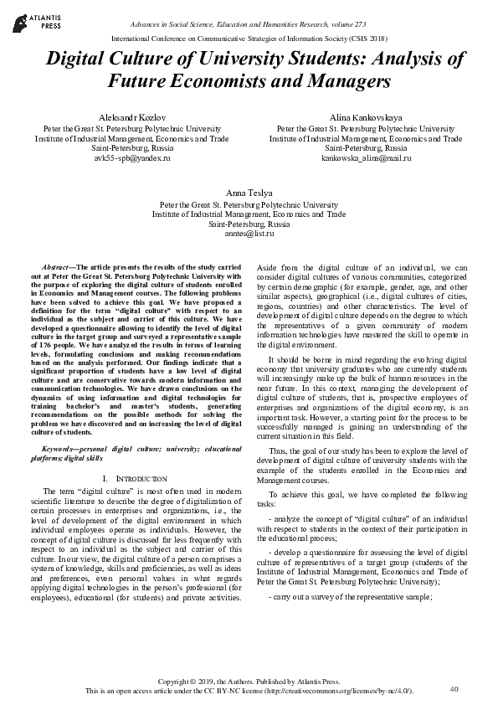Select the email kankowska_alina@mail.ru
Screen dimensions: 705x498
pos(367,157)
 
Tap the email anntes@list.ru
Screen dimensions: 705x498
pos(249,235)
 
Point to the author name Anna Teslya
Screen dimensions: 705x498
pos(249,193)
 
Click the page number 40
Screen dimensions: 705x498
pos(454,688)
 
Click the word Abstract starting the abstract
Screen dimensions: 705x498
pos(57,265)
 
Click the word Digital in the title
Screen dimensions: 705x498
pos(78,60)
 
